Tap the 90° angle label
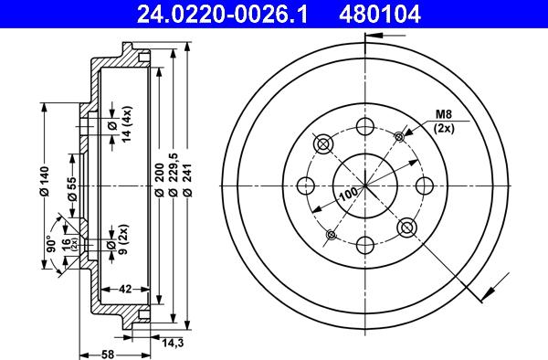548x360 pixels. (53, 244)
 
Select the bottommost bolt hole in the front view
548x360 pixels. (364, 243)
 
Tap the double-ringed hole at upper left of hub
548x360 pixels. (321, 144)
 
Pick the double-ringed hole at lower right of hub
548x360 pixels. (406, 226)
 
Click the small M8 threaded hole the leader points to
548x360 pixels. (398, 137)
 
